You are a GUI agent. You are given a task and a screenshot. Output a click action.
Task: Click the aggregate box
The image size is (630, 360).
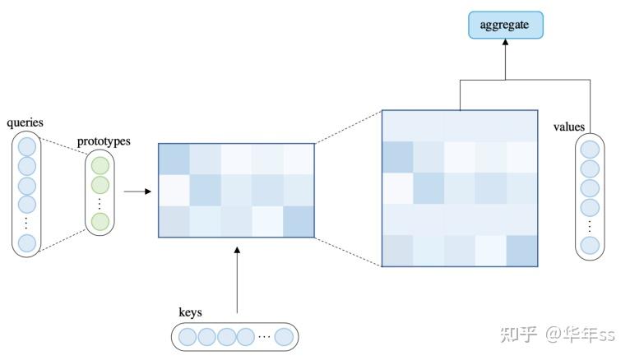[x=506, y=25]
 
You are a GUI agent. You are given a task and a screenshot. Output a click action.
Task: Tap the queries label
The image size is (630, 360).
[x=25, y=123]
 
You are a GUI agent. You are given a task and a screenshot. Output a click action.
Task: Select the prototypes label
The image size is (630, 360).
[x=104, y=141]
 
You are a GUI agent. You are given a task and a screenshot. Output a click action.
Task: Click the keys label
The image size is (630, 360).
[x=190, y=312]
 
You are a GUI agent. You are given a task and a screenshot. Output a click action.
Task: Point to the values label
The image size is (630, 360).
[x=569, y=127]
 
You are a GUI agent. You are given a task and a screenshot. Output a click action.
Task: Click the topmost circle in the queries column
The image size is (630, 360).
[x=27, y=147]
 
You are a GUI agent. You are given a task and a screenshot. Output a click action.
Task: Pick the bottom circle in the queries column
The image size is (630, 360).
[x=27, y=242]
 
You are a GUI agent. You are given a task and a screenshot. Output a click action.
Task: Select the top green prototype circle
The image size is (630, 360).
[x=100, y=165]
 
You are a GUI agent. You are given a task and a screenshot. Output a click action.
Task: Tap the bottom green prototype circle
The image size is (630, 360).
[x=100, y=220]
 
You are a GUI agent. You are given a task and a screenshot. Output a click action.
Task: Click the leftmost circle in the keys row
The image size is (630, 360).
[x=188, y=336]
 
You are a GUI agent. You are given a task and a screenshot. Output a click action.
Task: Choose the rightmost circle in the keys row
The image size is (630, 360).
[x=285, y=336]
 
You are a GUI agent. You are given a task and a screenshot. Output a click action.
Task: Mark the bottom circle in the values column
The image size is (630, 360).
[x=589, y=245]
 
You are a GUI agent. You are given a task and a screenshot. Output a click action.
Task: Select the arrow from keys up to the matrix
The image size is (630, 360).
[x=236, y=279]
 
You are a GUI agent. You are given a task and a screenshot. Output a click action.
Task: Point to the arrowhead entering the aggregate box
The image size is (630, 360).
[x=506, y=44]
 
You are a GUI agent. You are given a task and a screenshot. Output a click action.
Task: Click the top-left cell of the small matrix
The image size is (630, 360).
[x=174, y=159]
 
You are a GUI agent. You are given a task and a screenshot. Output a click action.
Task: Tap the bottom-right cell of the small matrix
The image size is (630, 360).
[x=299, y=222]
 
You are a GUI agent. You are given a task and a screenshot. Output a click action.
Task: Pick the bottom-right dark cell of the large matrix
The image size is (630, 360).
[x=521, y=251]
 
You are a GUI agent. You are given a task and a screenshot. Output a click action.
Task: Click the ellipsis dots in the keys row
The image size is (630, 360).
[x=263, y=336]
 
